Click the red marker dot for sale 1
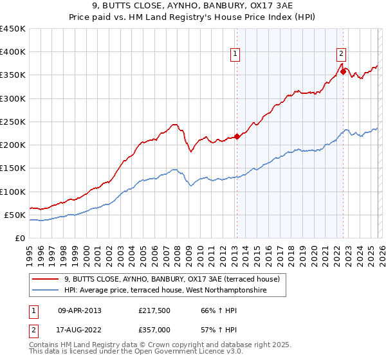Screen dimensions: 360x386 click(237, 136)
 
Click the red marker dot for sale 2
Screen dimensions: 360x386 click(343, 71)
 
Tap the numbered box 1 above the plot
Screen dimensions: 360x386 click(236, 55)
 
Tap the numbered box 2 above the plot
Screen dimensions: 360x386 click(341, 55)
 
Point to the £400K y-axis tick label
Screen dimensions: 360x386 click(13, 52)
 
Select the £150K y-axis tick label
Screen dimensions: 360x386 click(13, 168)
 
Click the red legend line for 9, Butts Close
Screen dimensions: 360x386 click(46, 280)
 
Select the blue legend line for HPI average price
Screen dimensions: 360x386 click(46, 291)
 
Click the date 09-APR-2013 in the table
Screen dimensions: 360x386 click(79, 310)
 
